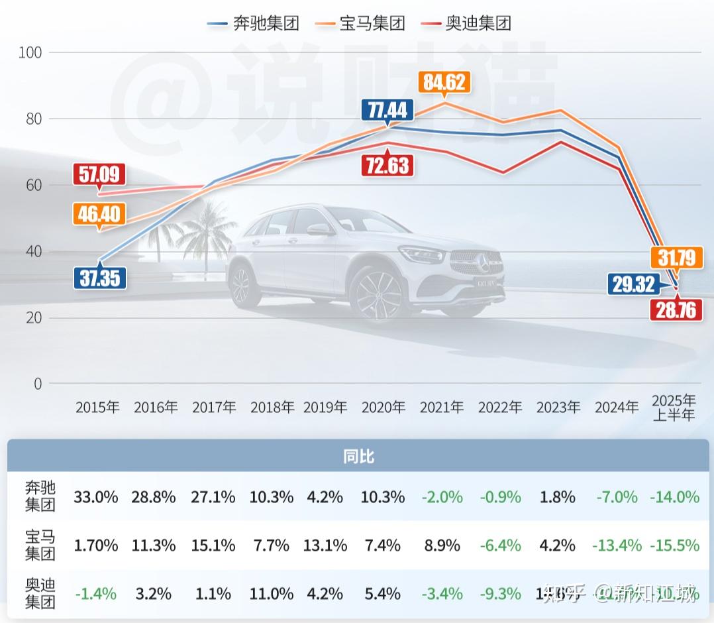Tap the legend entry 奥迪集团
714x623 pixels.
coord(467,23)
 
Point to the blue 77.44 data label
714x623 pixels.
coord(387,109)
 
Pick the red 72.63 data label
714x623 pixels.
coord(387,164)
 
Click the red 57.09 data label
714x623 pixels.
coord(99,175)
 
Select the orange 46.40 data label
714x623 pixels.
coord(99,213)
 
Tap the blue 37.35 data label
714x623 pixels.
coord(99,277)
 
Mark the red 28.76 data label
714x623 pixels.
coord(676,309)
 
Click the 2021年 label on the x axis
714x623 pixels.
coord(442,407)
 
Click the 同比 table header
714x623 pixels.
coord(358,457)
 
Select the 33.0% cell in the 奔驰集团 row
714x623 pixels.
coord(96,497)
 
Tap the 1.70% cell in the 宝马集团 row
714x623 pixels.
coord(96,545)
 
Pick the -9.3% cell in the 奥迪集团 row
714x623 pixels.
coord(500,593)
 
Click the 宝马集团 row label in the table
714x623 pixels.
coord(40,545)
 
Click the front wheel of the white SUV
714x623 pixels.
coord(378,296)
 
